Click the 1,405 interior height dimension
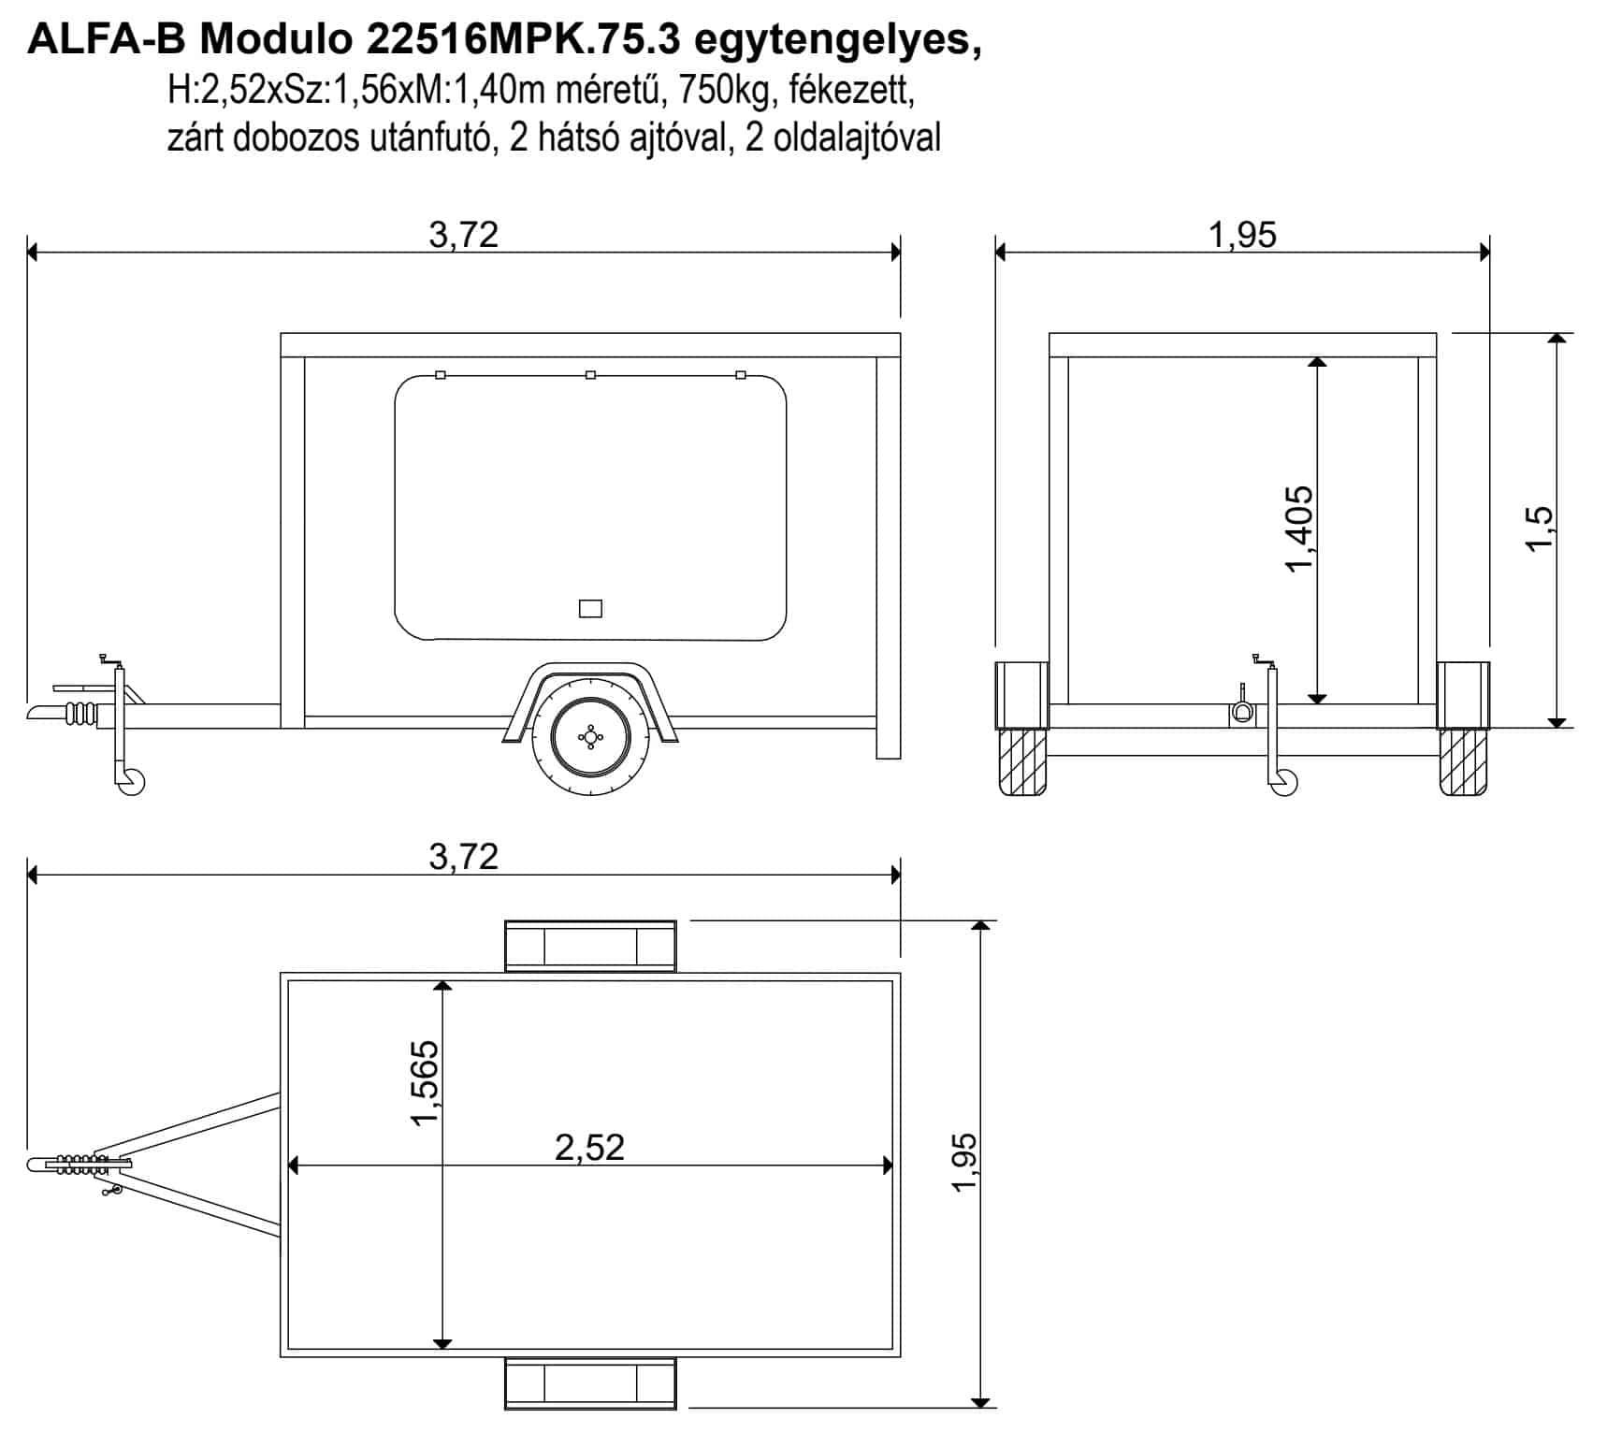pos(1299,528)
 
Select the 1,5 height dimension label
pos(1539,528)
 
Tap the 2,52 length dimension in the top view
pos(589,1147)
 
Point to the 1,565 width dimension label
pos(423,1083)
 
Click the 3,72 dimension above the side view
pos(464,234)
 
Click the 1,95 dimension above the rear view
pos(1242,234)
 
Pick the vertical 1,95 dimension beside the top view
pos(963,1163)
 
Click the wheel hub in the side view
pos(589,738)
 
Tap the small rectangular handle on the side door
pos(590,609)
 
